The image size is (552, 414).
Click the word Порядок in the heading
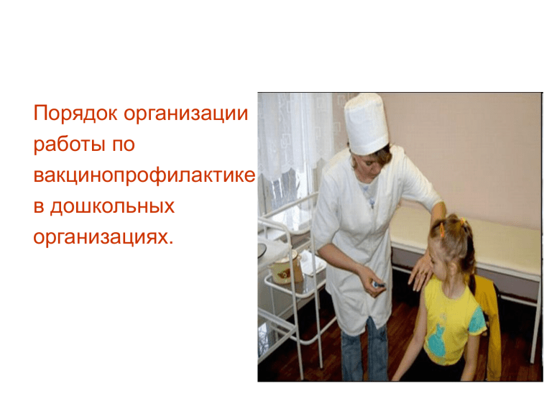pyautogui.click(x=75, y=114)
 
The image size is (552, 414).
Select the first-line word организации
pyautogui.click(x=186, y=114)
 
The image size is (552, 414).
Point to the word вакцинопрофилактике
pyautogui.click(x=144, y=175)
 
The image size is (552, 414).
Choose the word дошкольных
pyautogui.click(x=112, y=206)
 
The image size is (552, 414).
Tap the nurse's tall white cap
pyautogui.click(x=367, y=123)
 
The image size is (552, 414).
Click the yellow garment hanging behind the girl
pyautogui.click(x=487, y=328)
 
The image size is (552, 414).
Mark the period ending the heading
pyautogui.click(x=171, y=243)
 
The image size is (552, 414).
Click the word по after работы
pyautogui.click(x=124, y=145)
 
